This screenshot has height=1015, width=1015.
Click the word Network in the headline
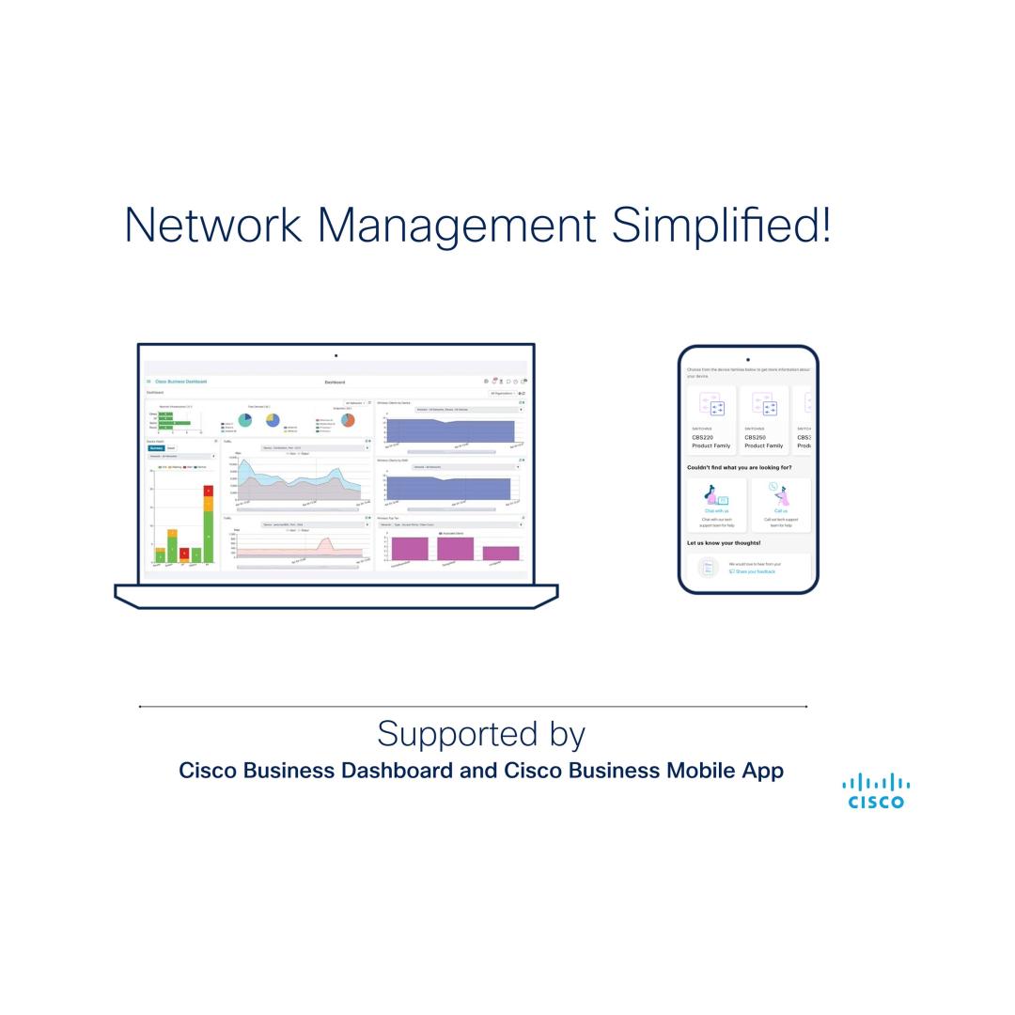coord(213,226)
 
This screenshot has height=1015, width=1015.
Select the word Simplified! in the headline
coord(721,226)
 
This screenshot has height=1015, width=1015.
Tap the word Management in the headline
coord(456,226)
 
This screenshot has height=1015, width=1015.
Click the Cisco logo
coord(876,791)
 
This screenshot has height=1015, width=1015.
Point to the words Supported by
coord(481,733)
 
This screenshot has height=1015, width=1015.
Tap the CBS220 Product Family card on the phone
coord(710,420)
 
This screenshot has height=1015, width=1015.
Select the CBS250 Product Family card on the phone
coord(763,420)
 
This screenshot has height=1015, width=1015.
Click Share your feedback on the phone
coord(755,571)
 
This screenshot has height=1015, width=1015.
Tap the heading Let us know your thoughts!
coord(724,543)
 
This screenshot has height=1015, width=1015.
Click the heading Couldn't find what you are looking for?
coord(739,467)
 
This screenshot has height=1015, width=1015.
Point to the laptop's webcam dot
coord(336,355)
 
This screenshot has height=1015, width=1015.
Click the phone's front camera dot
coord(748,359)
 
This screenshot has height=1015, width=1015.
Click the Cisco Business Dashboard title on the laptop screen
coord(180,382)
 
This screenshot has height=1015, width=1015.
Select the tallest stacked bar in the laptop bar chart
coord(208,524)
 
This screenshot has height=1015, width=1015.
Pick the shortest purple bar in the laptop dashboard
coord(501,554)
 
